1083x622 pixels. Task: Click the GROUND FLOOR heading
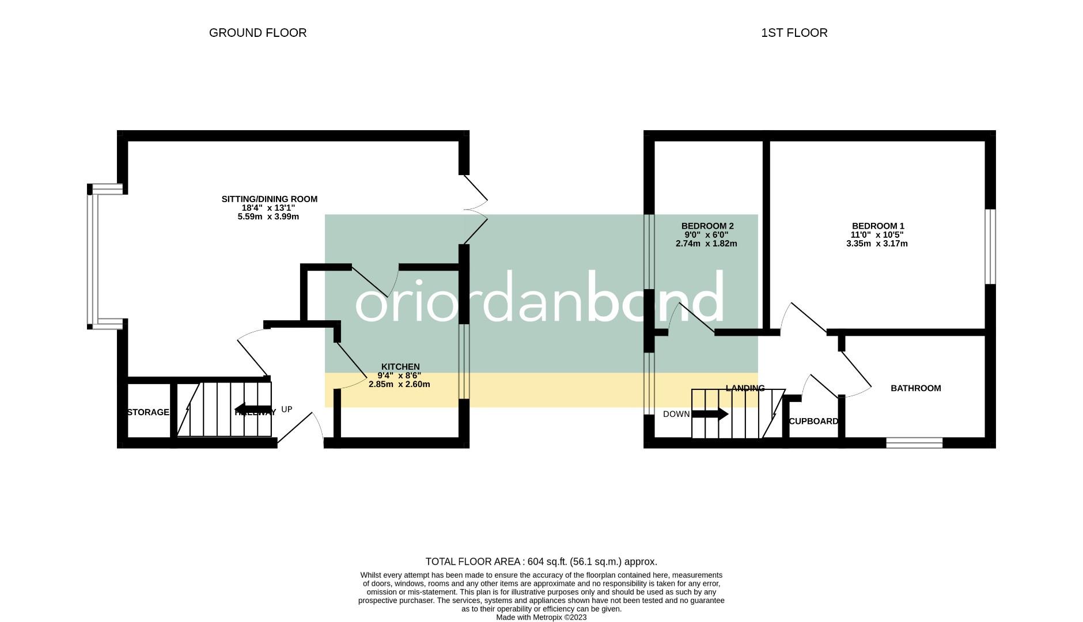258,33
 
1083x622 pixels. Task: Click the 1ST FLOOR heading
794,33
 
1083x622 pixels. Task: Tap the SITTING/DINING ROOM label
269,199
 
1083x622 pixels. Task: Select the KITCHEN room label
400,367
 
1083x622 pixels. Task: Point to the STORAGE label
148,412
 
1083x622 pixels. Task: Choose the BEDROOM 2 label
707,226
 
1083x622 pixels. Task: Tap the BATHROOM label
915,388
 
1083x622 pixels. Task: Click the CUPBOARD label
813,422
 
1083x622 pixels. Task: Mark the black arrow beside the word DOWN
710,414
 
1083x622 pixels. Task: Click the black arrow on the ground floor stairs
252,410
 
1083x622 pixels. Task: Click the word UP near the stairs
287,409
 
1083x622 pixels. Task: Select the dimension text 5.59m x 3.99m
268,217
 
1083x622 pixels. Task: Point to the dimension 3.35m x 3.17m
876,244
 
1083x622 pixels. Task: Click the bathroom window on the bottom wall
914,442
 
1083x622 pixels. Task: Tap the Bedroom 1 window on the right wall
990,246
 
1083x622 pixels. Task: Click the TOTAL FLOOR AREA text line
541,562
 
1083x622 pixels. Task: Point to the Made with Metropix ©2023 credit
541,617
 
